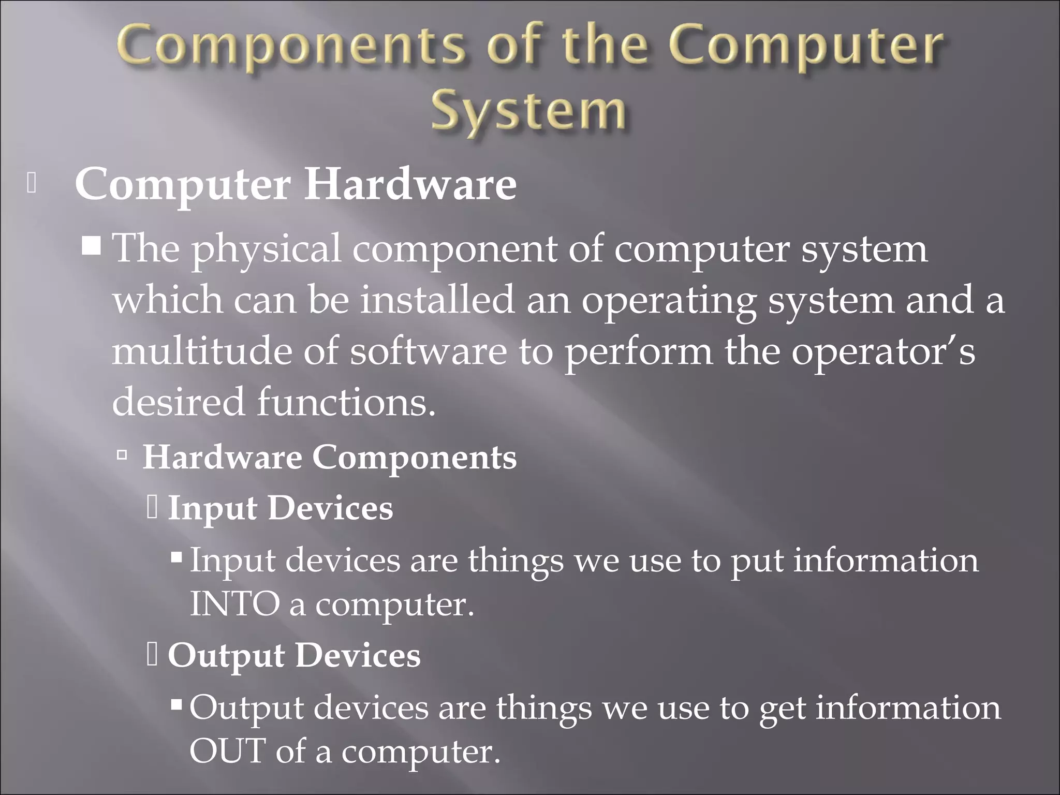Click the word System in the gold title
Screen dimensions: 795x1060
[529, 111]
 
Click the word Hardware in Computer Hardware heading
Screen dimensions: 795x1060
[409, 185]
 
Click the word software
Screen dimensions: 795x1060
[428, 351]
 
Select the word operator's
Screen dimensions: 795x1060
[883, 351]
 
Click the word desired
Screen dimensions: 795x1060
[178, 402]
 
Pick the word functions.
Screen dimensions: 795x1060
[346, 402]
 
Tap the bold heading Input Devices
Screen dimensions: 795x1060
[281, 508]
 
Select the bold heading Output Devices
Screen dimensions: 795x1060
[294, 655]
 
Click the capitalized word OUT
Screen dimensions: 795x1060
[227, 751]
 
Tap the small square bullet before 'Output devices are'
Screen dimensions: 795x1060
[176, 704]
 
